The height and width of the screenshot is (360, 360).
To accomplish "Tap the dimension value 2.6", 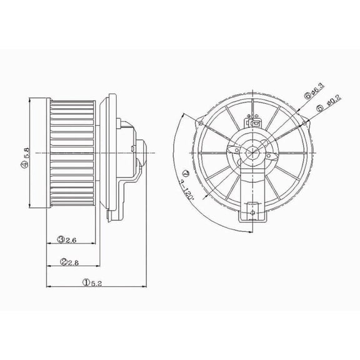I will point(71,239).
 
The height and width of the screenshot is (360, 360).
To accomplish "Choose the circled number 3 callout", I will point(62,239).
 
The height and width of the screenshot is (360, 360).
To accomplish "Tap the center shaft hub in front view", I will point(253,152).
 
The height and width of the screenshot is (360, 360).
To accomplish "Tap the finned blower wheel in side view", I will point(72,152).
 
